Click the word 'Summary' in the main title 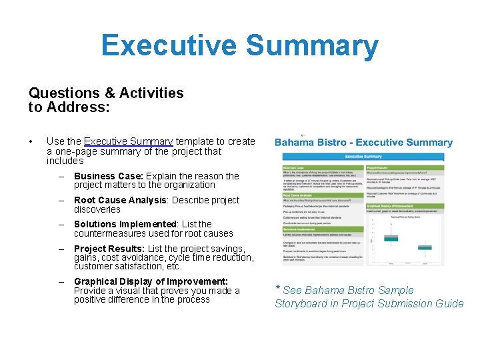point(311,46)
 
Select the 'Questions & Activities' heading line point(106,93)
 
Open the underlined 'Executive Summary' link point(129,141)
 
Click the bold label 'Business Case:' point(109,176)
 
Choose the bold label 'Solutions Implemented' point(125,224)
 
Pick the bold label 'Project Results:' point(109,249)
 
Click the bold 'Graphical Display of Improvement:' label point(151,281)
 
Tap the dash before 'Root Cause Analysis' point(61,200)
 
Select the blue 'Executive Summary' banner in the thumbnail point(363,156)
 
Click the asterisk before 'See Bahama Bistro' point(278,289)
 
